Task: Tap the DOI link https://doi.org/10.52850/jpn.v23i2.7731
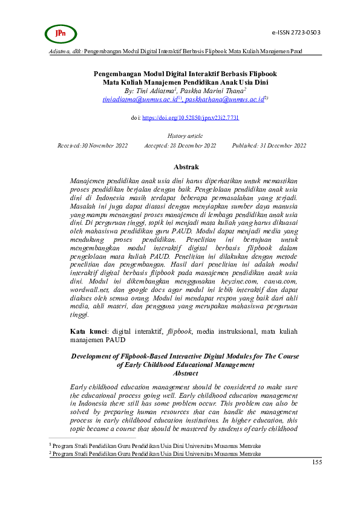(x=191, y=118)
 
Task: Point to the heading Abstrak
(x=186, y=167)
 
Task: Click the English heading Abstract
(x=185, y=374)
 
